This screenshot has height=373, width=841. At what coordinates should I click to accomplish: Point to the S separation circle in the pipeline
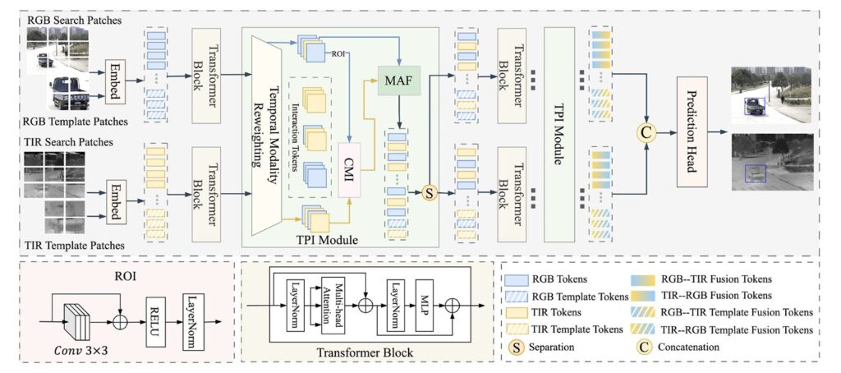[x=428, y=194]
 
